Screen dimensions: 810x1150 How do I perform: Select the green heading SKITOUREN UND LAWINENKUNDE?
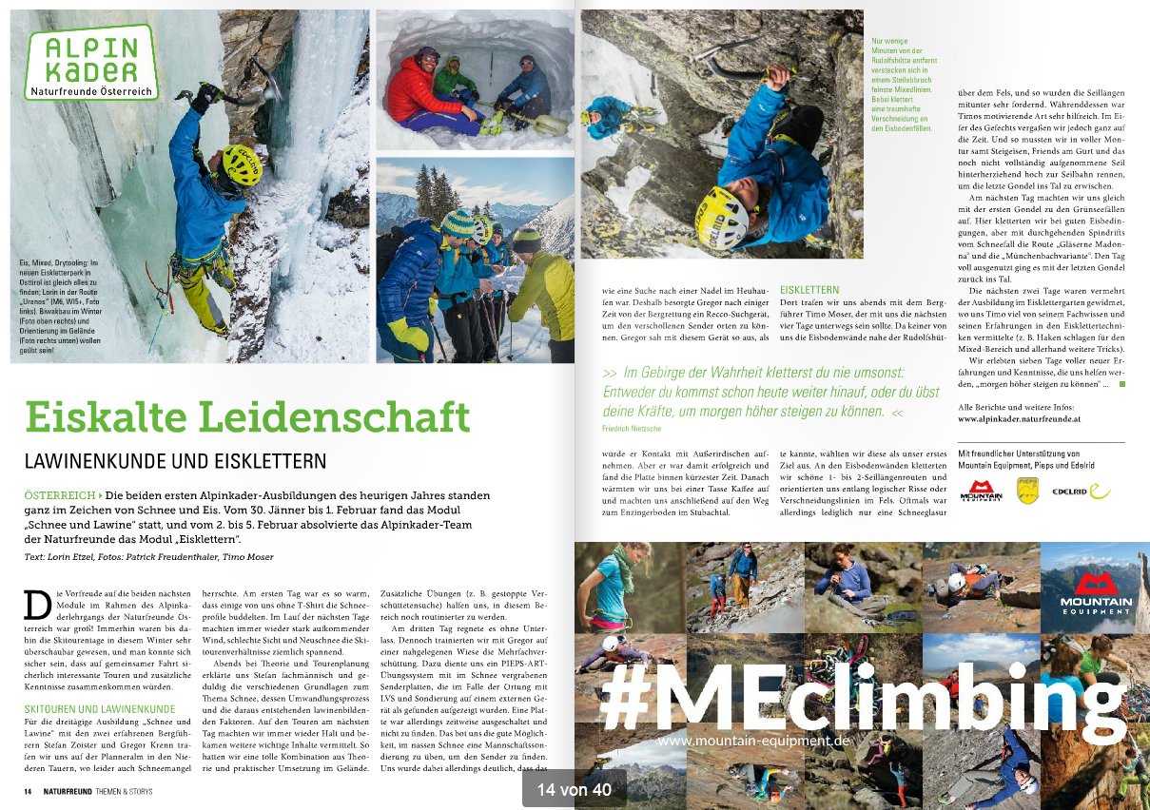[100, 708]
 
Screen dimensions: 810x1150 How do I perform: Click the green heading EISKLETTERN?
[809, 289]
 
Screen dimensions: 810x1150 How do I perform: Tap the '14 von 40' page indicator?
[574, 789]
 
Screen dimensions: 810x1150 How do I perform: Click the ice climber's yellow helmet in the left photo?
[242, 165]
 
